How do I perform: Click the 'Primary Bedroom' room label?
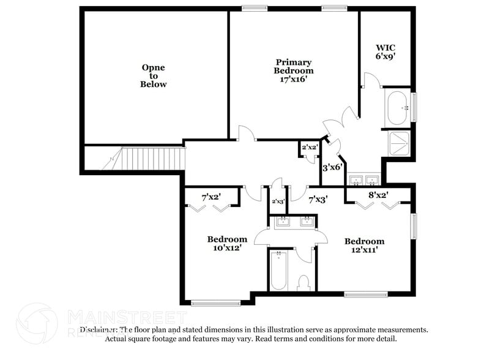294,70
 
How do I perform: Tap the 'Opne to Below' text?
154,76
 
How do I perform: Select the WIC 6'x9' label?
385,51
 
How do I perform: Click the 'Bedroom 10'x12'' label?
227,243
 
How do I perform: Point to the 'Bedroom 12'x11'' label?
364,246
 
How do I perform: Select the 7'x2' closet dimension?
211,197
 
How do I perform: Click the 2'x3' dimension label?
278,201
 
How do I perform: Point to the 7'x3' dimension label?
318,199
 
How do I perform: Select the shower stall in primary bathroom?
400,143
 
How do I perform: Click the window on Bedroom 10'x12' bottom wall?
215,302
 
